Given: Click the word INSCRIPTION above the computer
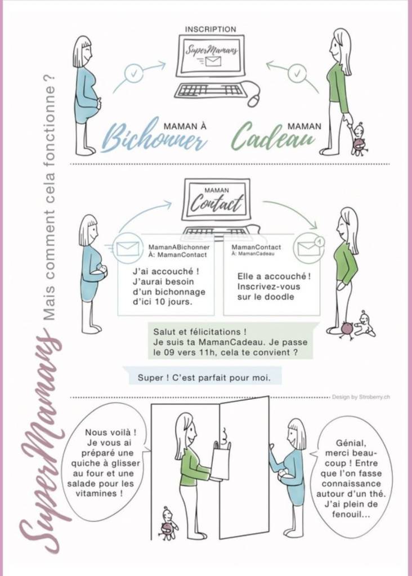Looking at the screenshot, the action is [x=211, y=29].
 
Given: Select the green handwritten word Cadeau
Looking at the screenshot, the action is [x=273, y=136].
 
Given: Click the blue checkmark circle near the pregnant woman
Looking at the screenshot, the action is [x=133, y=73].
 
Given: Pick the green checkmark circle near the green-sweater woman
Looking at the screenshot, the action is [x=297, y=73].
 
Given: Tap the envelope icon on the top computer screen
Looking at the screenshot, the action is [x=213, y=61].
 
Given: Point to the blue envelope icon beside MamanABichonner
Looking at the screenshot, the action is [x=127, y=249].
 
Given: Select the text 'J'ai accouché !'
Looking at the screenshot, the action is [x=166, y=271].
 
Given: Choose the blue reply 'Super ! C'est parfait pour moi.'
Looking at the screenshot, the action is [x=204, y=378].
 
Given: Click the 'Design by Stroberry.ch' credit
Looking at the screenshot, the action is [x=361, y=397].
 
